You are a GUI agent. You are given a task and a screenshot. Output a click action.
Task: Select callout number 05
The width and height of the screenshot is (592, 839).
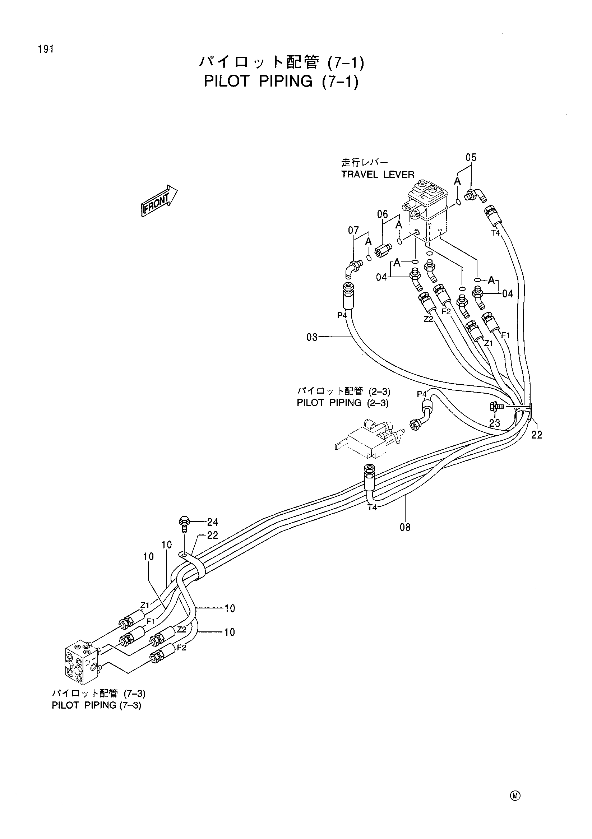pos(471,158)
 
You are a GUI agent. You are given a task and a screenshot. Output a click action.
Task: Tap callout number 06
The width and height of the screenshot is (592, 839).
pos(383,214)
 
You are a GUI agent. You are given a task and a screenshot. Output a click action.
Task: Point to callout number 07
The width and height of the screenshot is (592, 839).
pos(353,230)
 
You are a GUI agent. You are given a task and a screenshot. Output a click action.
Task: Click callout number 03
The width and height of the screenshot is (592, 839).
pos(312,337)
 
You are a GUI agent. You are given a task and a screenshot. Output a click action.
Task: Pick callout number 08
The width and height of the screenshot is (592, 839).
pos(405,527)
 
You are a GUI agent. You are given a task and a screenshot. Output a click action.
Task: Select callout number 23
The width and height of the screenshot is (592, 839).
pos(495,423)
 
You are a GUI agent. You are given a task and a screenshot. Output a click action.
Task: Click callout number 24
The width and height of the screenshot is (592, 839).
pos(213,522)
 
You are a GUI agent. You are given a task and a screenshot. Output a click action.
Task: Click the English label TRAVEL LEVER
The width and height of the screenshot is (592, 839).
pos(378,175)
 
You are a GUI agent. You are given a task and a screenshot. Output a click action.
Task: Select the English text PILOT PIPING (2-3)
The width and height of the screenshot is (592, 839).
pos(343,403)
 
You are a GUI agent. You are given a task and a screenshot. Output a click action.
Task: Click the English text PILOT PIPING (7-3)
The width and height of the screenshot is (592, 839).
pos(97,705)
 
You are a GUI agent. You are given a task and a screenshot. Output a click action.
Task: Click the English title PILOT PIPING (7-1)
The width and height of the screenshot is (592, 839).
pos(281,81)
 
